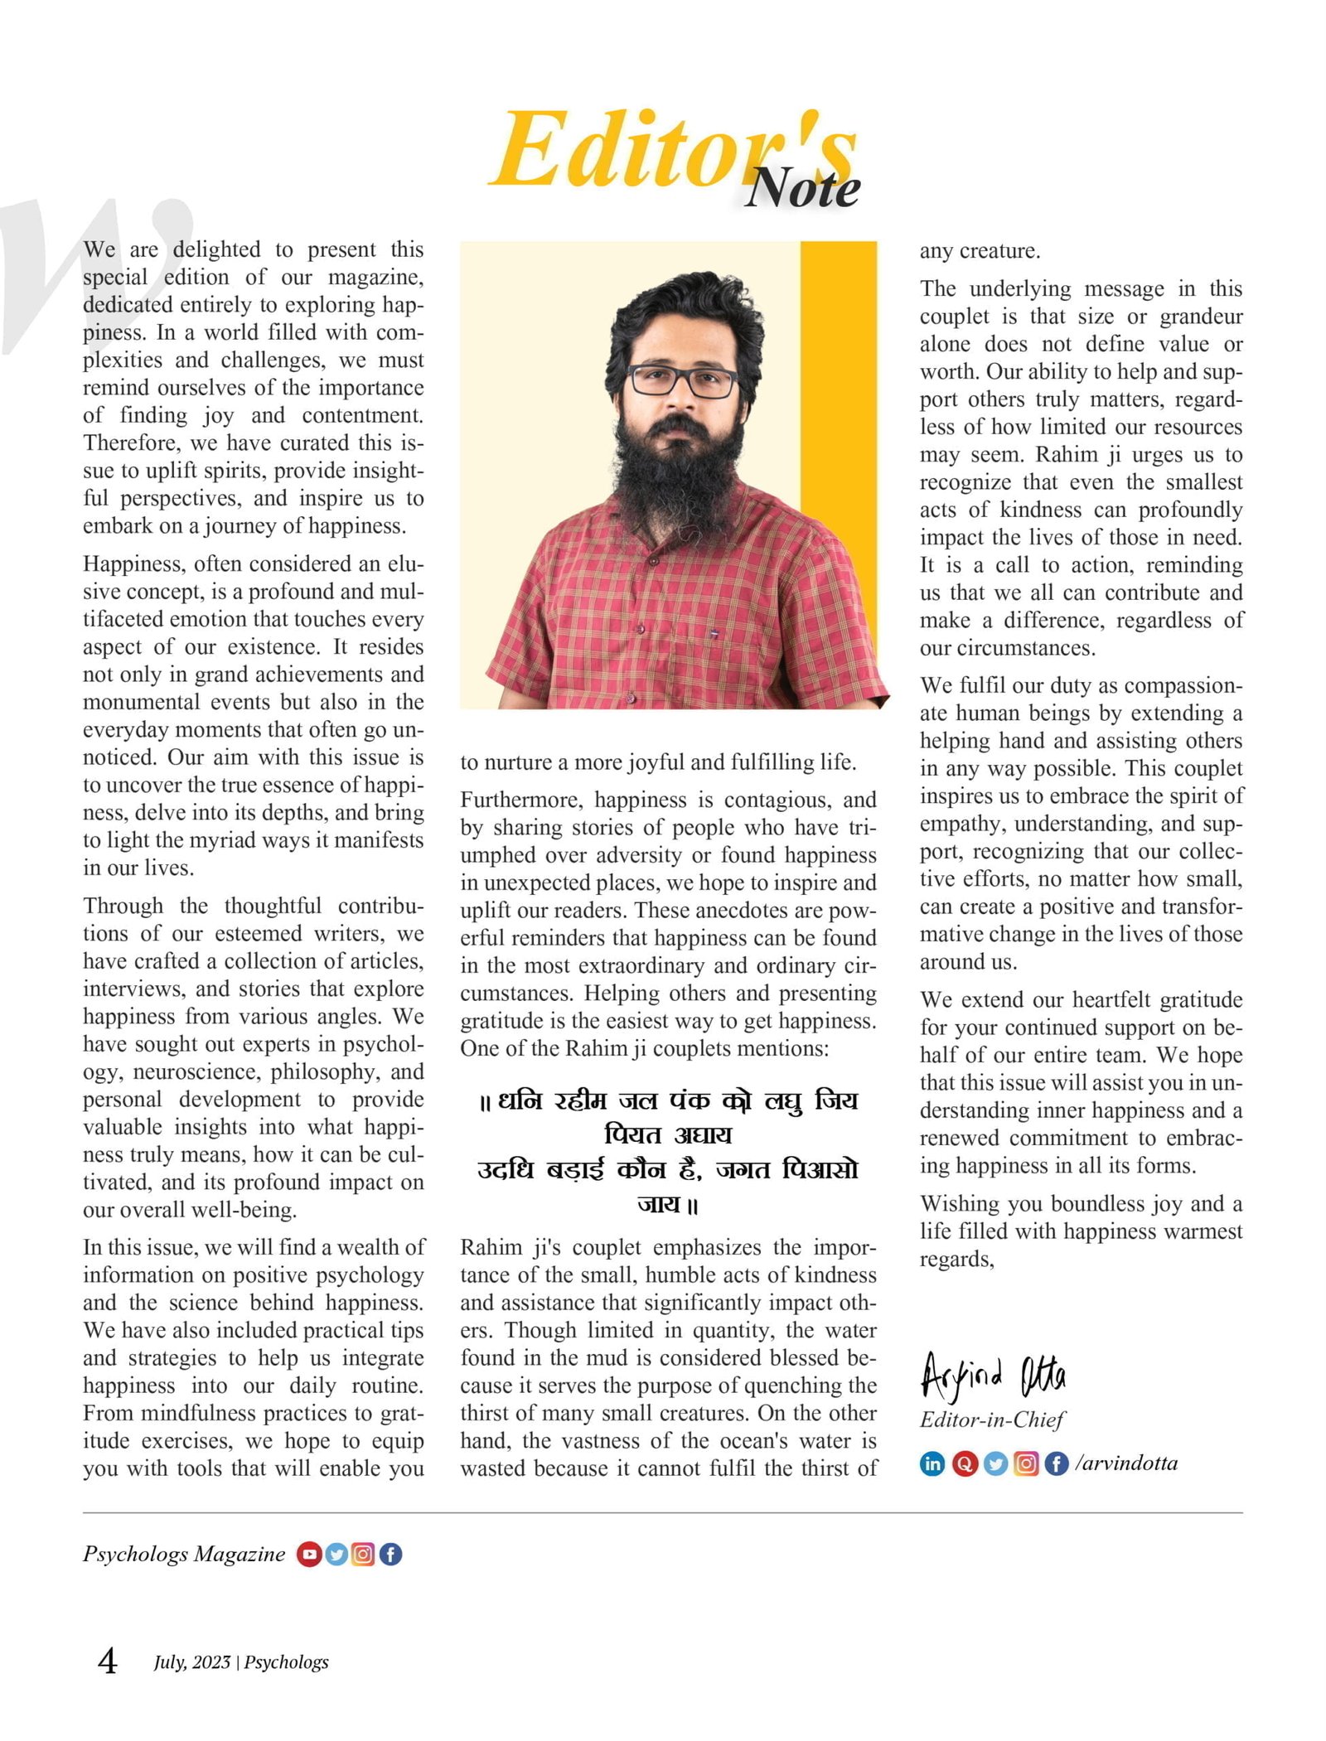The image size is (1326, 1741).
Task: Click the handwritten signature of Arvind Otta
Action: click(x=993, y=1377)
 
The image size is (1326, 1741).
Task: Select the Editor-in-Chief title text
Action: click(x=991, y=1419)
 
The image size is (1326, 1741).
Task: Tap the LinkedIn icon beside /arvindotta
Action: click(x=932, y=1463)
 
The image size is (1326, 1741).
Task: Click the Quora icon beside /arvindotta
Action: click(x=964, y=1463)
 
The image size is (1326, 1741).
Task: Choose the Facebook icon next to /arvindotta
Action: click(x=1056, y=1463)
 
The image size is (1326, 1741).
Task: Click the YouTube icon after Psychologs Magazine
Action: click(x=309, y=1554)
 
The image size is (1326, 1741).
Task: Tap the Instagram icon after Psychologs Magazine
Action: click(x=363, y=1554)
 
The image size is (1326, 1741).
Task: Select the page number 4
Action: click(x=108, y=1661)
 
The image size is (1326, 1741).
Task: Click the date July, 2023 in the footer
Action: click(x=191, y=1662)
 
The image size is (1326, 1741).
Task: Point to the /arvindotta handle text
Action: click(x=1126, y=1463)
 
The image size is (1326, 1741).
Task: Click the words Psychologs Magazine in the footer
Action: click(x=183, y=1554)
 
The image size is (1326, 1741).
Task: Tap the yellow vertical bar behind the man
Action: click(x=838, y=373)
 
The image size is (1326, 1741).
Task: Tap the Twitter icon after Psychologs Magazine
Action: click(x=336, y=1554)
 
